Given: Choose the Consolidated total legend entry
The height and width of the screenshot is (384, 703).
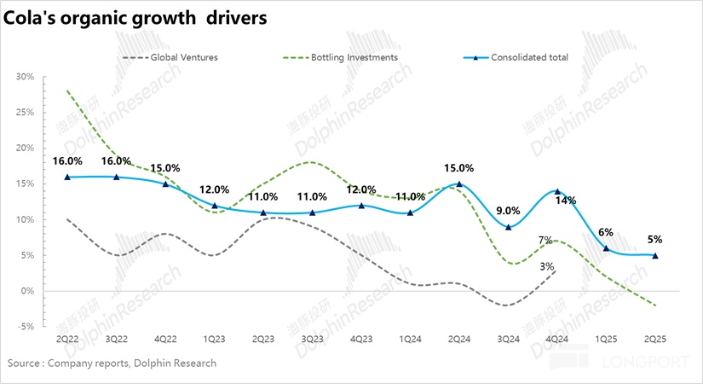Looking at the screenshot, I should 528,58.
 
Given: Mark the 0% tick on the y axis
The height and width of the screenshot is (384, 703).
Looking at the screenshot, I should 27,291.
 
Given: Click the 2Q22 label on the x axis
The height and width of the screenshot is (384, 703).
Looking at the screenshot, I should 67,339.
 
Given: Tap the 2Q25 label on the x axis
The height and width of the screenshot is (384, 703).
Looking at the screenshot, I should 655,339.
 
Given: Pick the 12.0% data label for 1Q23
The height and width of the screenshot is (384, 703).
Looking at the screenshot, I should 215,190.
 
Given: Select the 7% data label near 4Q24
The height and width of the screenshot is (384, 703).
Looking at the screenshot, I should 545,240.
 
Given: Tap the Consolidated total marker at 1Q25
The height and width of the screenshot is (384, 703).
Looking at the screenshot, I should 606,248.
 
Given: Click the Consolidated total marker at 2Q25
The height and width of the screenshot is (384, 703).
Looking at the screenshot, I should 655,255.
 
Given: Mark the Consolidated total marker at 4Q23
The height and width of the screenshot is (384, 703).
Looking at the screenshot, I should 361,206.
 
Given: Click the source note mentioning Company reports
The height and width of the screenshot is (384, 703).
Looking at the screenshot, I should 112,364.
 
